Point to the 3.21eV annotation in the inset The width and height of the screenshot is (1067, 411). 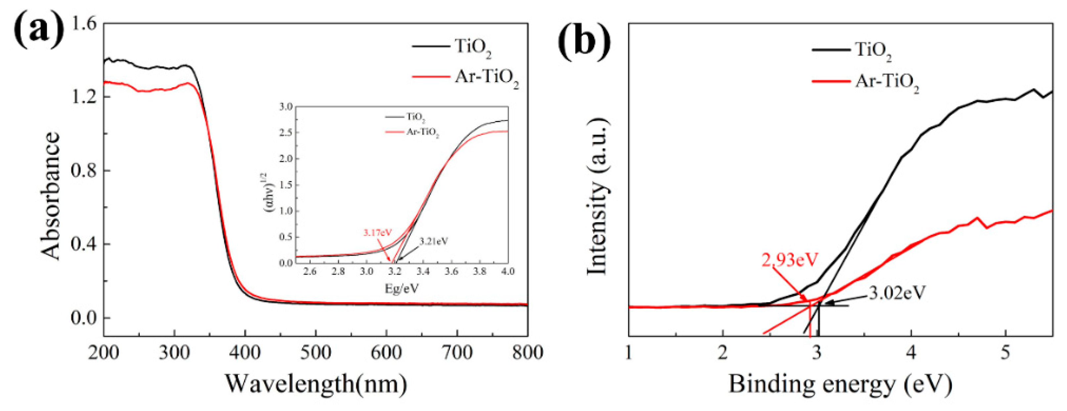pyautogui.click(x=433, y=241)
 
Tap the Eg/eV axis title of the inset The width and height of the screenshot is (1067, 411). pyautogui.click(x=402, y=288)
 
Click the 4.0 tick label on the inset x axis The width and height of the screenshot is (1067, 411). pyautogui.click(x=507, y=271)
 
